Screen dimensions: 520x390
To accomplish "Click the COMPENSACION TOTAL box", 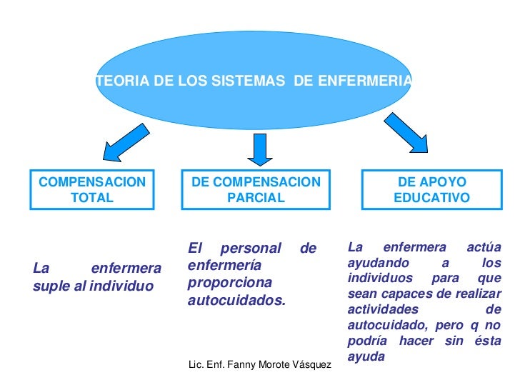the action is [92, 190].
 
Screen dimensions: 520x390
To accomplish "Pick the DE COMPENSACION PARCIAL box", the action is [256, 190].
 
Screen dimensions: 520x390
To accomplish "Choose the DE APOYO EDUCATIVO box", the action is [432, 190].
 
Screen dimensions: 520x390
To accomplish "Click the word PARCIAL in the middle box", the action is [256, 198].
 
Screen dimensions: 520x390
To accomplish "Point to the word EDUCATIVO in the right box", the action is [432, 198].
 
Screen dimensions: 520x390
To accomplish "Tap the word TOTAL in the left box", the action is [92, 198].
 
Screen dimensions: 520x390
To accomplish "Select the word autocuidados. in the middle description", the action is [236, 301].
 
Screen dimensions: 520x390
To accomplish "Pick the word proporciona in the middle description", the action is [225, 284].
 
